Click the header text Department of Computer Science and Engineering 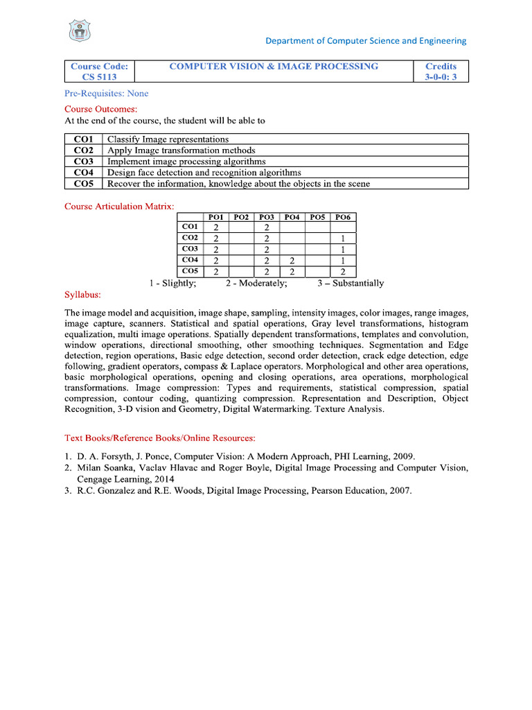coord(366,41)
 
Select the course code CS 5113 coord(99,77)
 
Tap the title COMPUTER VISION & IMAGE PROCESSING coord(274,67)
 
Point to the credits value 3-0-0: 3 coord(441,77)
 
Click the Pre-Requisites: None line coord(106,94)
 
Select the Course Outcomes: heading coord(100,109)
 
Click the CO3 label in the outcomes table coord(83,162)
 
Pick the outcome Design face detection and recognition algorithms coord(204,173)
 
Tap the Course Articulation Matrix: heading coord(119,206)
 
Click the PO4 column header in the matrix coord(292,217)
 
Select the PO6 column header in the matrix coord(343,217)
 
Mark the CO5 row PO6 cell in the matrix coord(343,272)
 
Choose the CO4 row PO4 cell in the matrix coord(292,261)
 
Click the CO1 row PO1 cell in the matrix coord(216,227)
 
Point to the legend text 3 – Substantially coord(351,283)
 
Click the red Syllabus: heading coord(82,295)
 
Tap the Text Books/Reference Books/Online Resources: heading coord(160,438)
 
